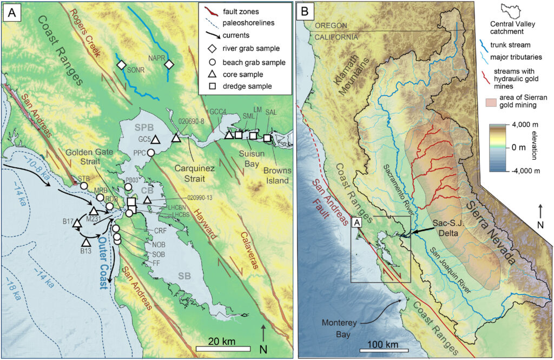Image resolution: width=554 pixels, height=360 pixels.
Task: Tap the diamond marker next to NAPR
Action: (169, 64)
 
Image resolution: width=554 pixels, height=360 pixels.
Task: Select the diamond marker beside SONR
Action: (122, 64)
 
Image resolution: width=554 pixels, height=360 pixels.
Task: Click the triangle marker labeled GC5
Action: (155, 139)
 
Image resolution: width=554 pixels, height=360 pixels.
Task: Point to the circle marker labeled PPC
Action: (151, 153)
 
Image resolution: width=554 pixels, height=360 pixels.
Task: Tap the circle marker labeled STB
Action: (84, 186)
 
